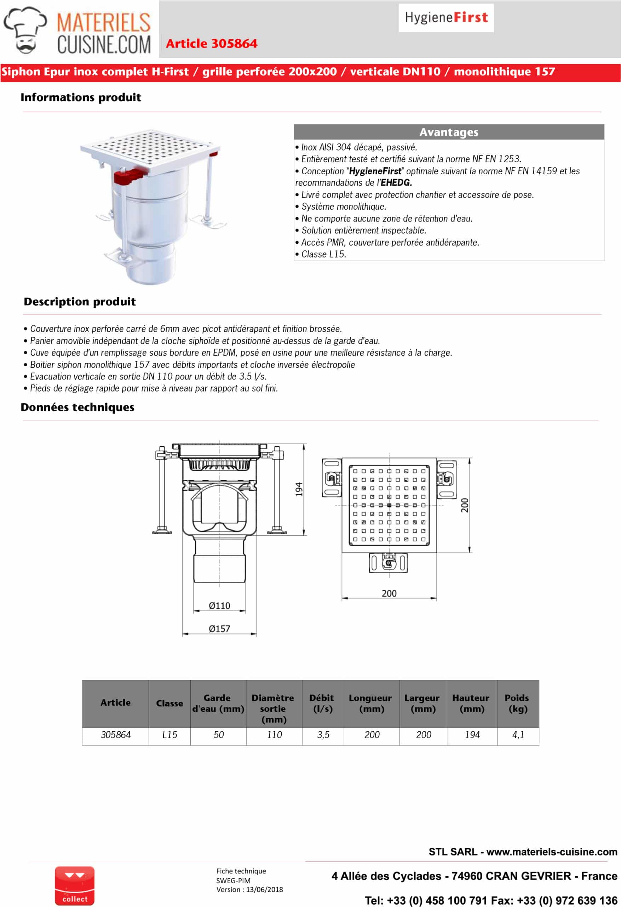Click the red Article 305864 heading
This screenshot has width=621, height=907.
click(x=211, y=43)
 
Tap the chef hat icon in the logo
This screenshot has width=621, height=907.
click(x=26, y=29)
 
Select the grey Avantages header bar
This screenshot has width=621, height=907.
click(x=449, y=132)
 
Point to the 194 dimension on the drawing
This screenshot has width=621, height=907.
click(x=299, y=489)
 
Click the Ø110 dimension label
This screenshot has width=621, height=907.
click(x=219, y=606)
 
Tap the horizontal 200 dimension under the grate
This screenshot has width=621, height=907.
click(x=389, y=593)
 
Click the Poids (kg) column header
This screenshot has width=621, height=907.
click(x=518, y=703)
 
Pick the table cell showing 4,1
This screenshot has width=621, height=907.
click(x=518, y=735)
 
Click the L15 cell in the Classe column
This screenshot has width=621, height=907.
click(x=169, y=735)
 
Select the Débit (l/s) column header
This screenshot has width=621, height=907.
click(x=322, y=703)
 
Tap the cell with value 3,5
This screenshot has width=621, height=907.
click(x=323, y=735)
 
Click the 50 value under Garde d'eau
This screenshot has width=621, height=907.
click(x=218, y=735)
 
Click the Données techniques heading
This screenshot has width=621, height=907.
click(x=77, y=407)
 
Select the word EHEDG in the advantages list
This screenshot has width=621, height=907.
click(x=396, y=183)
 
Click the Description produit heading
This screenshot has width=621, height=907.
click(x=80, y=302)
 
